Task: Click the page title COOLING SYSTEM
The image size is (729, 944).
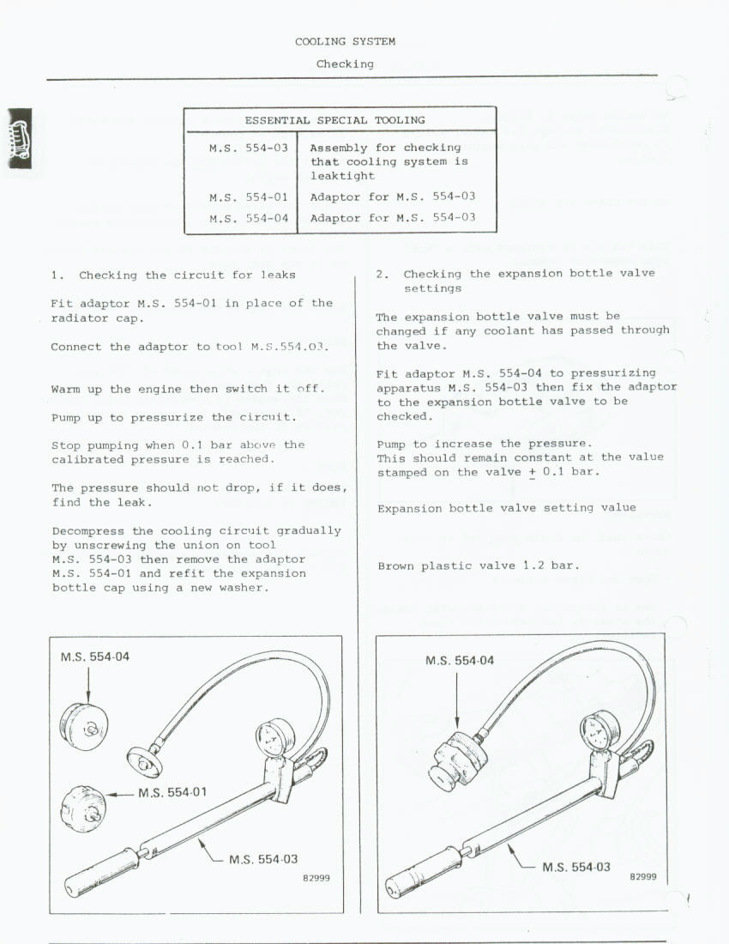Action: click(345, 41)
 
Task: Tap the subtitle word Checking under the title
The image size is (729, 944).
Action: click(345, 64)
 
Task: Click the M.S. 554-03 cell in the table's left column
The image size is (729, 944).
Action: click(249, 148)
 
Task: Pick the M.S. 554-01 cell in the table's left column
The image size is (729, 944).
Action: click(249, 197)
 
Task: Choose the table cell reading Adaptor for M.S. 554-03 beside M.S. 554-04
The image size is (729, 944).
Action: click(392, 218)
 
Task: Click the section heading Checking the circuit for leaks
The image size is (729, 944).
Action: click(187, 275)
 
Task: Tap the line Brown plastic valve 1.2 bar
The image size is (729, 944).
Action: click(478, 566)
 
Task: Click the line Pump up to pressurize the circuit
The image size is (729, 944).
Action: click(173, 417)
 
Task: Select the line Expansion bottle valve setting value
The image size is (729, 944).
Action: click(506, 508)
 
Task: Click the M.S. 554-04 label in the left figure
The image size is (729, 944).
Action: click(95, 657)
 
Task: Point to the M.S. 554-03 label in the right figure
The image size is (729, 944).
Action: click(576, 867)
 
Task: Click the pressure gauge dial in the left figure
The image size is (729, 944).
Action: click(275, 736)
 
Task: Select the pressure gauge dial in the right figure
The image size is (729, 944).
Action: click(595, 732)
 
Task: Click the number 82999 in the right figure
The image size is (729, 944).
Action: click(642, 877)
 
